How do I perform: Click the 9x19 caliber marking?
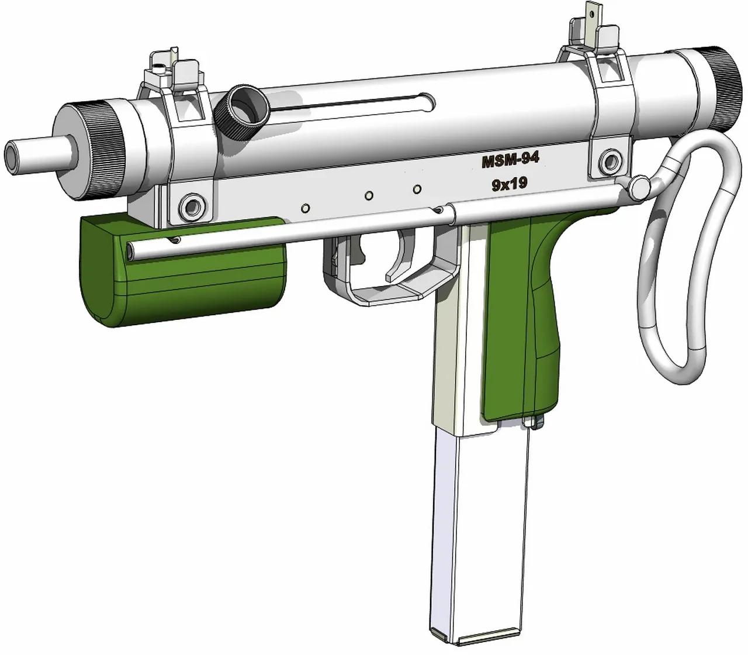(x=510, y=185)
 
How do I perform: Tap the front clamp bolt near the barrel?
(x=191, y=205)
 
